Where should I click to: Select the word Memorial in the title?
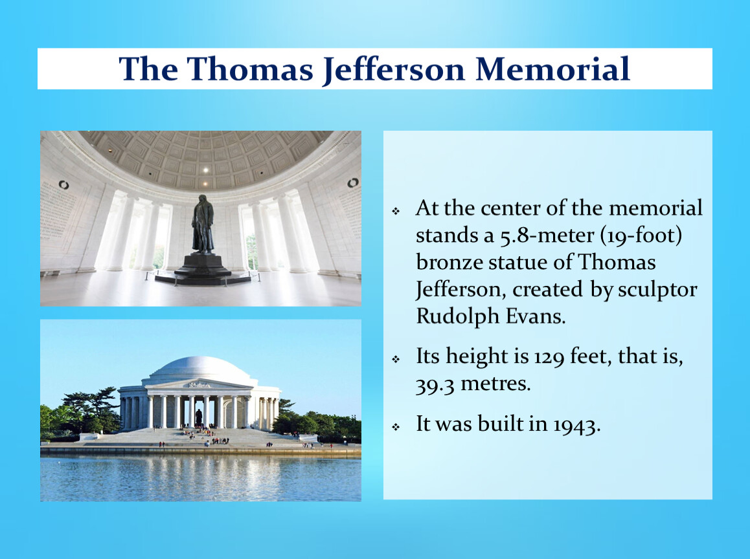(552, 69)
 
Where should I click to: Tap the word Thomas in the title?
(250, 69)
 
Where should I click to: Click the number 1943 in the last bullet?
(576, 424)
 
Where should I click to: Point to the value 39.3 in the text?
(435, 384)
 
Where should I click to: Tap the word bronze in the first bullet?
(446, 262)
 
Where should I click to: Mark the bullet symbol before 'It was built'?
(396, 426)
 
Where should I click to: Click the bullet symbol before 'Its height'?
(396, 359)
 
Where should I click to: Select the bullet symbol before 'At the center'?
(396, 211)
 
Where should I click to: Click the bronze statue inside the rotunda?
(203, 224)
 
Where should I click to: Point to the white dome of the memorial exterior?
(200, 369)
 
